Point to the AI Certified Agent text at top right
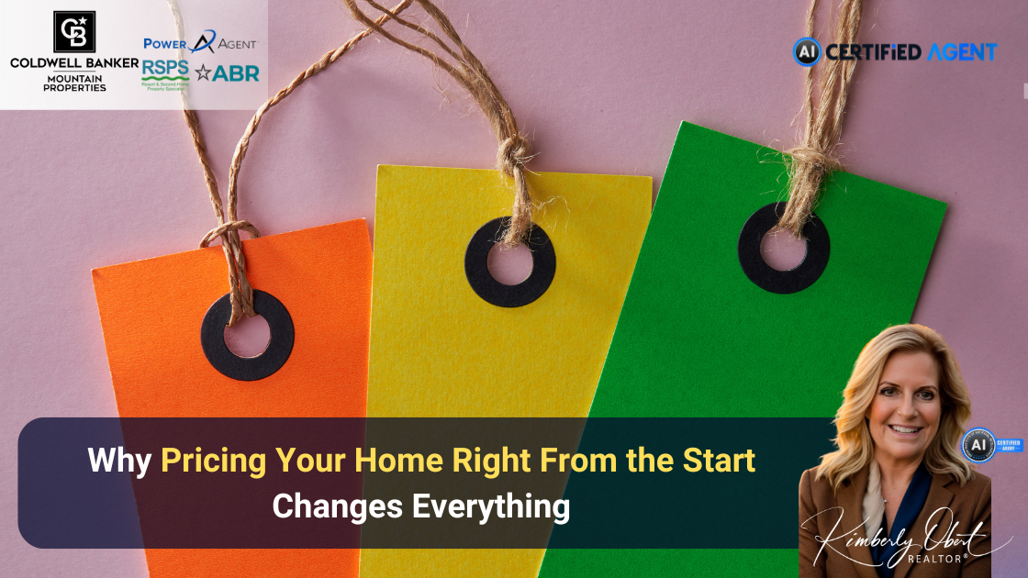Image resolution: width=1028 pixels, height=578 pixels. tap(894, 51)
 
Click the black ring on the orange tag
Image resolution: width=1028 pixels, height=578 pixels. tap(248, 335)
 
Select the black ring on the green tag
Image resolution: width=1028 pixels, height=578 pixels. tap(784, 248)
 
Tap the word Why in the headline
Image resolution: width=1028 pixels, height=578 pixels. tap(120, 461)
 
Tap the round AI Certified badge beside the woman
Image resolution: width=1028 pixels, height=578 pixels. tap(978, 445)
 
